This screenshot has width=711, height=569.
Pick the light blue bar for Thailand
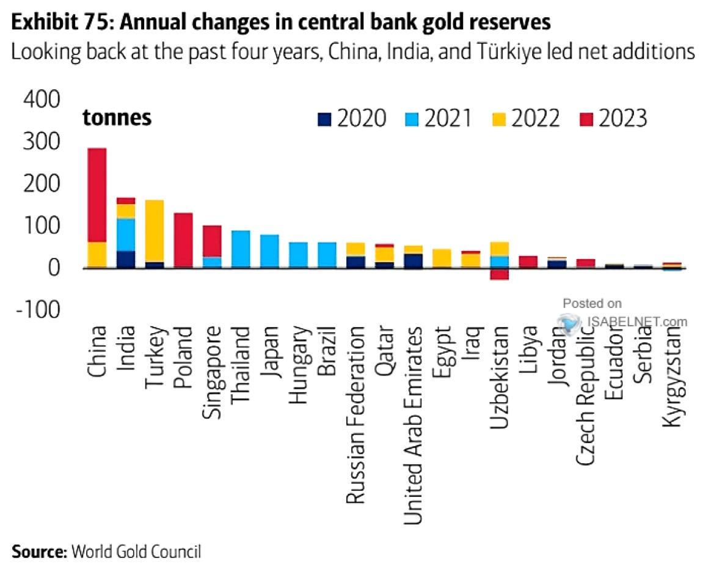click(x=240, y=249)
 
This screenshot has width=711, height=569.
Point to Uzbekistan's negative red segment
click(x=499, y=274)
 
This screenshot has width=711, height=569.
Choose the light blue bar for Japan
click(x=269, y=251)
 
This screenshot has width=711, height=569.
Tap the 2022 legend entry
click(x=525, y=118)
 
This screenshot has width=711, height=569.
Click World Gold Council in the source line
click(x=136, y=552)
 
